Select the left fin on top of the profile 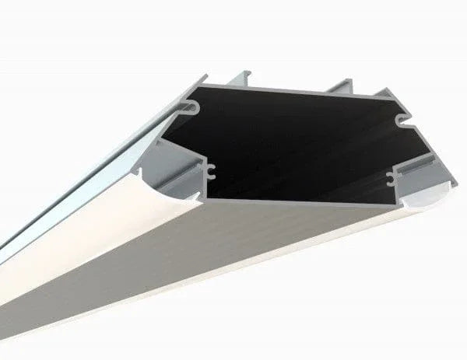[234, 79]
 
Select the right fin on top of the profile [339, 86]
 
